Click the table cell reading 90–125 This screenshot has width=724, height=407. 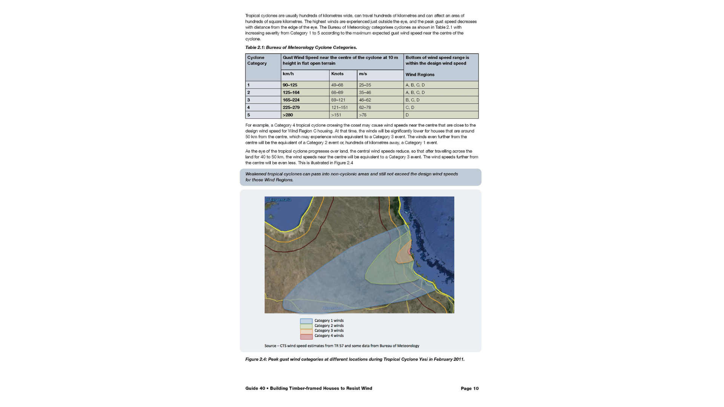[x=290, y=85]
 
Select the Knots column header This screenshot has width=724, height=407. [x=337, y=74]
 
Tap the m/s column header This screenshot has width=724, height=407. [x=363, y=74]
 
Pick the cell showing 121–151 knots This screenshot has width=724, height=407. [x=339, y=107]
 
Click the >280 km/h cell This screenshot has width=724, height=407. [x=288, y=115]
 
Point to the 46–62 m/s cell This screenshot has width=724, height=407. [x=365, y=100]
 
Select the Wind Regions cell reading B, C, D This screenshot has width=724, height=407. [x=412, y=100]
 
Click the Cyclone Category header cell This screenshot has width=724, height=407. [x=257, y=60]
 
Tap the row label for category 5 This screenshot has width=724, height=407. [x=248, y=115]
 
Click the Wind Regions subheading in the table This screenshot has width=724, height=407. [x=420, y=75]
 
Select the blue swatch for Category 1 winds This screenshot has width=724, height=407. [x=306, y=321]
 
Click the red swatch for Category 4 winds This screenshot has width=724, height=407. [x=306, y=336]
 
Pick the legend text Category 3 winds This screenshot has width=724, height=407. [x=329, y=330]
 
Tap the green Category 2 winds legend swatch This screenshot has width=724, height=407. [x=306, y=326]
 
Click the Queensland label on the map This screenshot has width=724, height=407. [x=333, y=308]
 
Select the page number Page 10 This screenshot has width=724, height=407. [x=469, y=389]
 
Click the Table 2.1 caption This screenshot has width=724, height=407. [x=301, y=47]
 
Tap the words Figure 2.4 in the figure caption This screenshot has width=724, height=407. [x=256, y=359]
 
